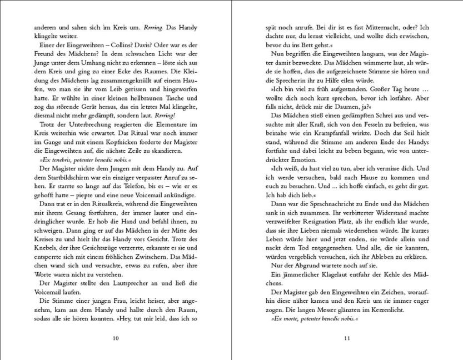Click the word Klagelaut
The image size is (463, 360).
coord(326,276)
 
